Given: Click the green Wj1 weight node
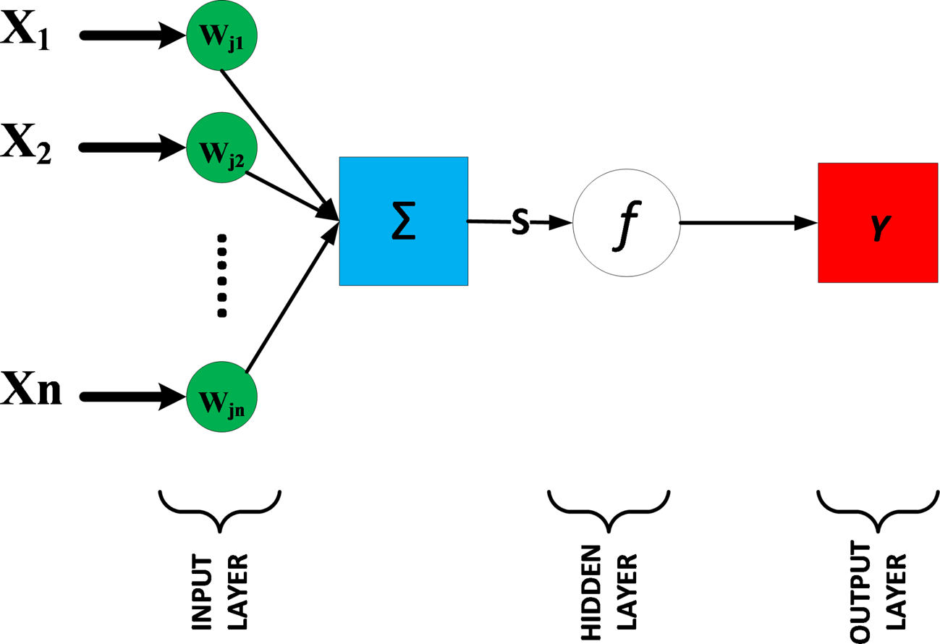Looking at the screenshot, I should click(222, 35).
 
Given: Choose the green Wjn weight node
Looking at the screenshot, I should click(222, 397).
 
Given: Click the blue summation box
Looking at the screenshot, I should click(403, 221).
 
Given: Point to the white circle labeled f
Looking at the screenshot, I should click(626, 223).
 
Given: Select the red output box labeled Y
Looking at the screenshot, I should click(877, 223).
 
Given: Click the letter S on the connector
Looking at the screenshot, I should click(520, 223).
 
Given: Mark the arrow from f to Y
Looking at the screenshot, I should click(745, 224).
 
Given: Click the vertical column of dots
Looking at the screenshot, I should click(222, 275).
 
